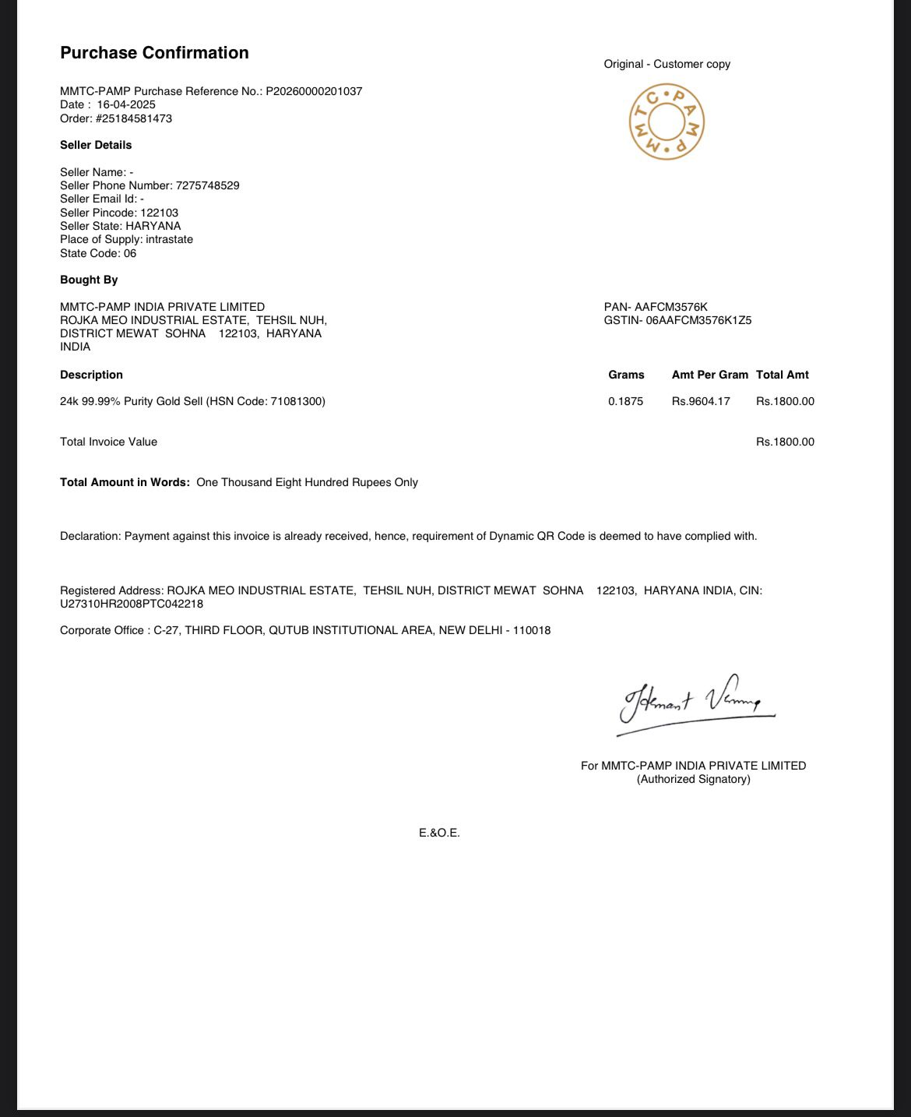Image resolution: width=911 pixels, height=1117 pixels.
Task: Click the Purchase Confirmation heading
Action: point(154,53)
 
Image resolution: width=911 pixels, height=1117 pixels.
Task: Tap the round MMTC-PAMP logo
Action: point(667,123)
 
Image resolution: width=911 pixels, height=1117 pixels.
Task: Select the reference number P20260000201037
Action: point(314,91)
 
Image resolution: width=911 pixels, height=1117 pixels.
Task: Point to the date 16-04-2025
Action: point(126,104)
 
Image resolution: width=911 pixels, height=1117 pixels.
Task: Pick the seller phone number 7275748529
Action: point(207,185)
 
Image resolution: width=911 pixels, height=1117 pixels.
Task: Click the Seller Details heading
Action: point(96,145)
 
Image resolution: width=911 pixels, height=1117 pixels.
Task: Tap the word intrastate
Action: point(169,239)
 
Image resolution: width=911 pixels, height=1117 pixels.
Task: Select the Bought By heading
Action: point(89,280)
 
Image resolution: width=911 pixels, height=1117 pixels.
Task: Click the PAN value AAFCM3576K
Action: point(670,307)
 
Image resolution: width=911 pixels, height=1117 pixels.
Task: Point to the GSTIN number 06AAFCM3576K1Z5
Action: point(698,320)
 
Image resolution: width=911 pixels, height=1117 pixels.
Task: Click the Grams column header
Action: point(626,375)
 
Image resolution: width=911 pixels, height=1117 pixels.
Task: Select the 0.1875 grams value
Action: point(625,401)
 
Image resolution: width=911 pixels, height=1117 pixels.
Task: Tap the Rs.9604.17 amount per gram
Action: point(701,401)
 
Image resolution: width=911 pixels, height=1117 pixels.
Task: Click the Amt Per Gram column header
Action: point(709,375)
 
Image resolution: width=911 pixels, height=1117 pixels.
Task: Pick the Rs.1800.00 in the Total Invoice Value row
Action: point(785,442)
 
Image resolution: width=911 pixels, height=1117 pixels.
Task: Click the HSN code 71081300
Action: point(295,401)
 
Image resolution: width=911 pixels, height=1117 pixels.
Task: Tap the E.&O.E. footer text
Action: point(439,833)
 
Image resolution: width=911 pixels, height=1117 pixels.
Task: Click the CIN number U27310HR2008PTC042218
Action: point(132,604)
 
